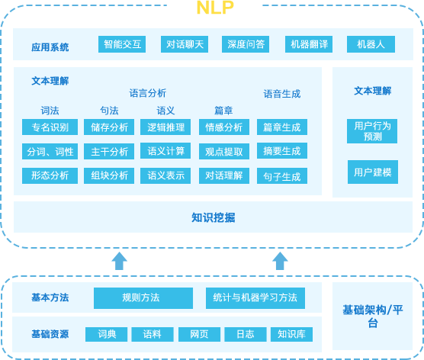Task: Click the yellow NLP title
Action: tap(215, 8)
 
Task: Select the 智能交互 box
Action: tap(122, 44)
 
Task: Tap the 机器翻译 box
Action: tap(309, 44)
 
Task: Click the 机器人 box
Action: tap(371, 44)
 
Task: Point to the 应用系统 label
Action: tap(50, 47)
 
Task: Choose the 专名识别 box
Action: tap(50, 127)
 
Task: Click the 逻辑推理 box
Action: tap(165, 127)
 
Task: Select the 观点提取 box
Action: tap(224, 152)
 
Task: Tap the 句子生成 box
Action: tap(282, 176)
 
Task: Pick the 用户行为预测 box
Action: tap(372, 131)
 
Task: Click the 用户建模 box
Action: tap(373, 172)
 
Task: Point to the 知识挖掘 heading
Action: tap(213, 217)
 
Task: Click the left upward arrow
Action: tap(119, 261)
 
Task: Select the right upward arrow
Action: tap(280, 261)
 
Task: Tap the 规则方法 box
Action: tap(143, 298)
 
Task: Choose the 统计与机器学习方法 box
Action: tap(255, 298)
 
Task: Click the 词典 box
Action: tap(106, 334)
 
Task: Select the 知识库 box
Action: tap(291, 334)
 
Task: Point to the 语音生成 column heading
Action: tap(282, 94)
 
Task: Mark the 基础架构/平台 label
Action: tap(373, 317)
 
